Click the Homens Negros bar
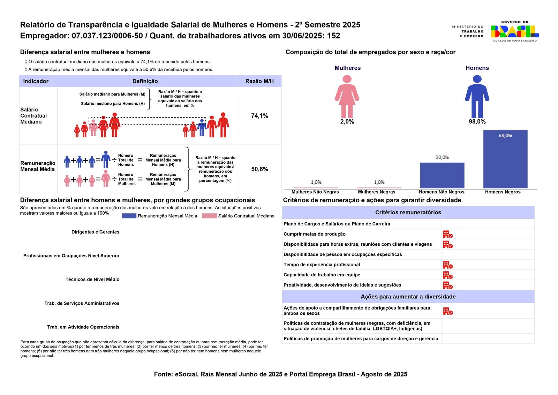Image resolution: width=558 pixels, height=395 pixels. click(x=505, y=159)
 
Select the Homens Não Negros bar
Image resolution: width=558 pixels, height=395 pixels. click(x=442, y=176)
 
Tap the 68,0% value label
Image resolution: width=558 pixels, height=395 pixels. click(x=505, y=136)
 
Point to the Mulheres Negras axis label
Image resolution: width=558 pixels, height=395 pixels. click(x=376, y=192)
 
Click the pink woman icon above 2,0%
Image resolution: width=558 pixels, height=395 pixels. click(x=347, y=96)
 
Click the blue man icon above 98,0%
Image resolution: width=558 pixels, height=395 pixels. click(x=477, y=96)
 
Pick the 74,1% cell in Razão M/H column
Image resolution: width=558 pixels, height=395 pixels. click(x=259, y=115)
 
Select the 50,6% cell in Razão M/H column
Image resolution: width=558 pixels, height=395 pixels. click(x=259, y=169)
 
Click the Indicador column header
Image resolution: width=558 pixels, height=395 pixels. click(x=36, y=81)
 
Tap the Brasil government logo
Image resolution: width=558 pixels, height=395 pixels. click(x=515, y=31)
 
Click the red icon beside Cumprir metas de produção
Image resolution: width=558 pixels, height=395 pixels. click(x=448, y=234)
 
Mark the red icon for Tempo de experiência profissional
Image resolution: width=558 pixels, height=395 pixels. click(x=448, y=264)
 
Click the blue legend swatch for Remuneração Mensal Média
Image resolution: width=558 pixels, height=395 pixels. click(x=129, y=216)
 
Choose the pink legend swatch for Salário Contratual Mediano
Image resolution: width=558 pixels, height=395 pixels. click(x=209, y=216)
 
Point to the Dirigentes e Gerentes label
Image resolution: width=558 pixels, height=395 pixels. click(x=96, y=232)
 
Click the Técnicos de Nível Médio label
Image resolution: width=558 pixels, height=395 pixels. click(x=92, y=280)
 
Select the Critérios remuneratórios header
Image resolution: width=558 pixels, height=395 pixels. click(x=408, y=212)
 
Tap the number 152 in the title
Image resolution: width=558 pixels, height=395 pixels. click(x=333, y=36)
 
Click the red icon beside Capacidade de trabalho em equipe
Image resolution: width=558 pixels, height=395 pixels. click(x=448, y=275)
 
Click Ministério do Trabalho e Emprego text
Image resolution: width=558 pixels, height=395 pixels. click(x=468, y=31)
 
